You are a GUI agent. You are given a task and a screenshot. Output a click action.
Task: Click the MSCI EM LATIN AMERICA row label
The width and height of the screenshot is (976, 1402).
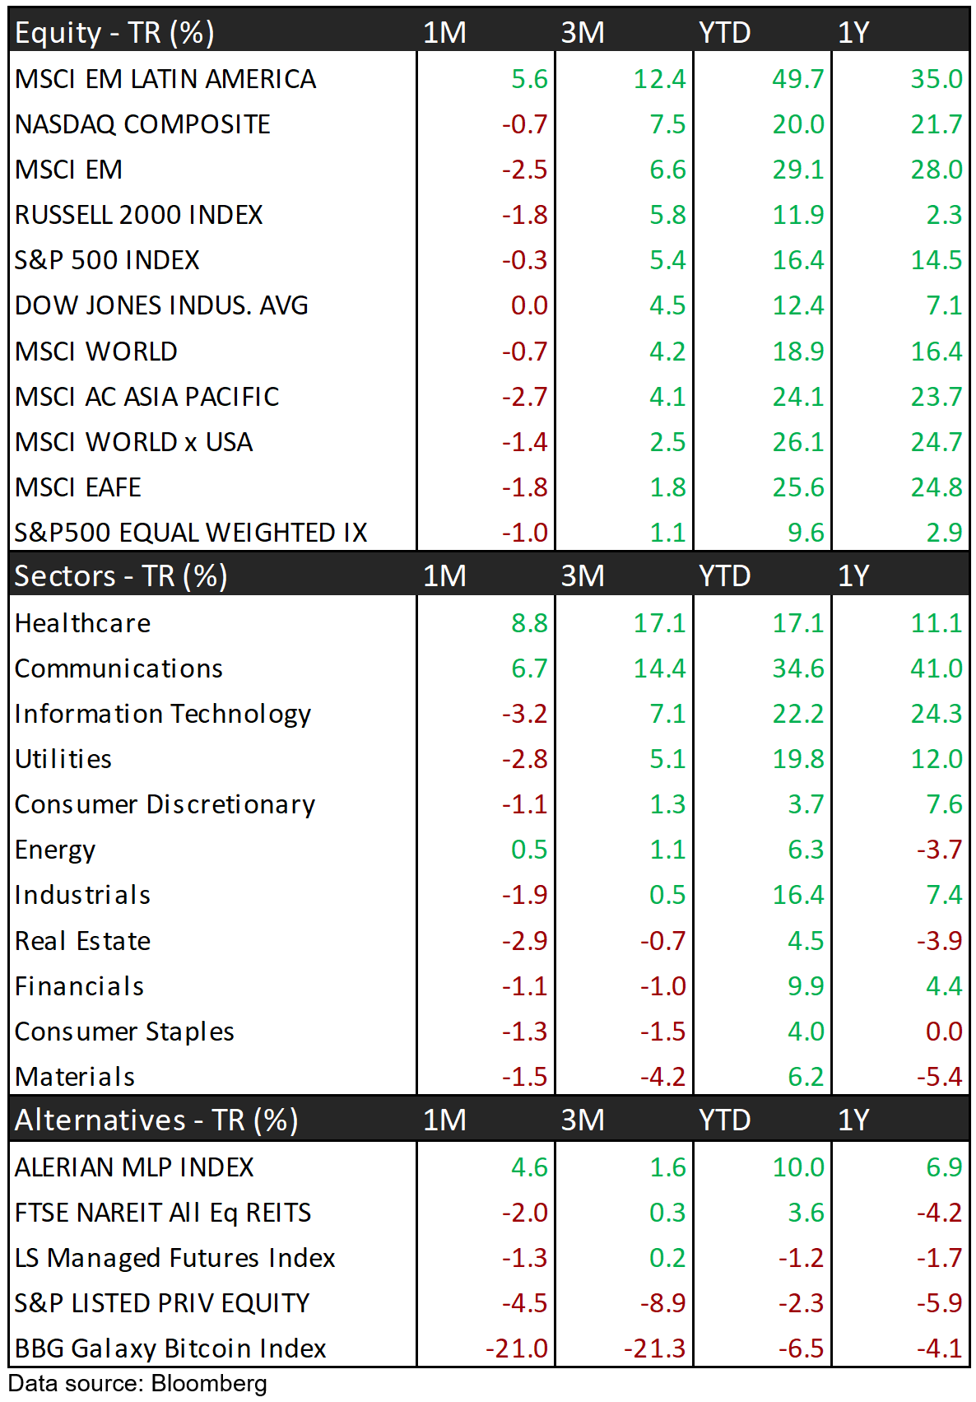tap(165, 79)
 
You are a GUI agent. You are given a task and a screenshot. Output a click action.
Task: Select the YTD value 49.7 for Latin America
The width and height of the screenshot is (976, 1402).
tap(797, 79)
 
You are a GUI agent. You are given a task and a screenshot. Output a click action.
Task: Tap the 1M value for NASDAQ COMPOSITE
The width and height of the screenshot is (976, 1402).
tap(524, 124)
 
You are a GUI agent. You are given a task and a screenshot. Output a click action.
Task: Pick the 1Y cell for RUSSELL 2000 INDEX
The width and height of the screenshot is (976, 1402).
tap(943, 215)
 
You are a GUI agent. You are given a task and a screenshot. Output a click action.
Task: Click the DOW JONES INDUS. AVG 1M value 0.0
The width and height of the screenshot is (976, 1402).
tap(528, 305)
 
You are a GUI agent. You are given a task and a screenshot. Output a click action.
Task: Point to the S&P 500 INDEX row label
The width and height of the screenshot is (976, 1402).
tap(107, 260)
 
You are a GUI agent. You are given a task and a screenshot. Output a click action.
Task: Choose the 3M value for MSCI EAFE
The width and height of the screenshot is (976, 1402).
tap(667, 487)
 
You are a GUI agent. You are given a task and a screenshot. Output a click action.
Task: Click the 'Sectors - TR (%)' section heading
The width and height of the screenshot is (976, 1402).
tap(121, 575)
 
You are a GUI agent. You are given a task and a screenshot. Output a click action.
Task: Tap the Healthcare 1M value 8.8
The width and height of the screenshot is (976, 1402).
tap(528, 623)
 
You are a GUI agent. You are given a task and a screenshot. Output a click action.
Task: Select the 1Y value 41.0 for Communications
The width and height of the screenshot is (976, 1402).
tap(936, 668)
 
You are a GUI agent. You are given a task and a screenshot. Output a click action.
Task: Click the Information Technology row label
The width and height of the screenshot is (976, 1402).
tap(163, 714)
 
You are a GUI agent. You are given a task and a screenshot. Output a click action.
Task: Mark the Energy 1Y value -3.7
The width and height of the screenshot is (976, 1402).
tap(939, 850)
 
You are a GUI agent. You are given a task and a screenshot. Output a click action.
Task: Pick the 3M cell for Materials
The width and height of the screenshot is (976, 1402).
tap(662, 1077)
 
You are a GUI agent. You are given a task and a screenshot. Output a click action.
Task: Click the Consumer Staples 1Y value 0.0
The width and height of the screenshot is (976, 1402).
tap(943, 1032)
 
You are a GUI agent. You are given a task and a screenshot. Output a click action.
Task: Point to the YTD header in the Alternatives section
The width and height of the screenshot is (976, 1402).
tap(724, 1120)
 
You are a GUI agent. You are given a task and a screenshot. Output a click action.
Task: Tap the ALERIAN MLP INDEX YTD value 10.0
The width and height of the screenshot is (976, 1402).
tap(797, 1167)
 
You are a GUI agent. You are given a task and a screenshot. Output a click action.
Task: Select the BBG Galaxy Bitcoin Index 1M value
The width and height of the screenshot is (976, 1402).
tap(516, 1348)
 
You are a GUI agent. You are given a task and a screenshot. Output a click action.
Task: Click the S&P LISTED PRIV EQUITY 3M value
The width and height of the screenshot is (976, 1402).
tap(662, 1303)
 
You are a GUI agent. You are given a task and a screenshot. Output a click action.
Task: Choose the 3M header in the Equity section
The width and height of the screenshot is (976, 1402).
tap(583, 33)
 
